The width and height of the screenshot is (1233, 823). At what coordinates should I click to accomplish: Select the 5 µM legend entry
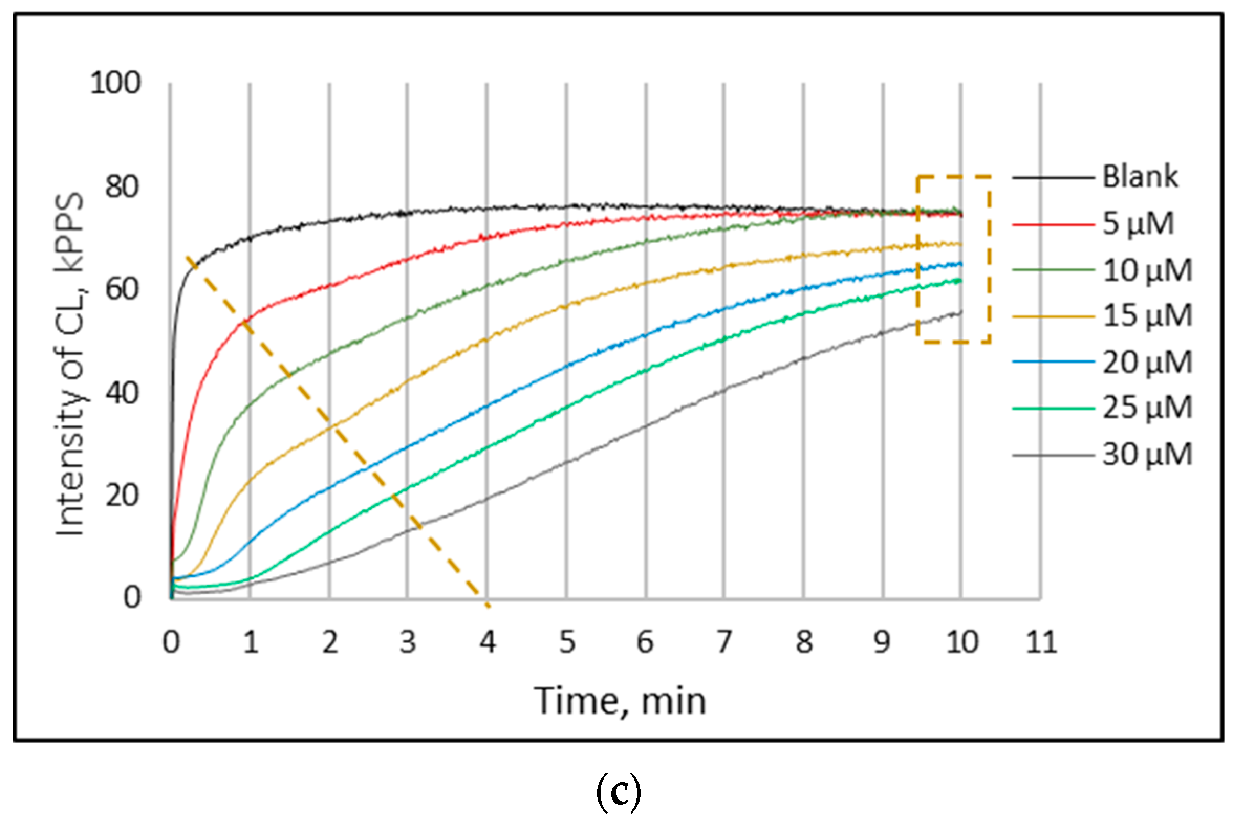(x=1138, y=224)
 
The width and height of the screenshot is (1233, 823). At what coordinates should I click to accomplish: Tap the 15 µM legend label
(x=1147, y=316)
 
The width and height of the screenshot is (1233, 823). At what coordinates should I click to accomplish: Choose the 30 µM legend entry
(x=1147, y=455)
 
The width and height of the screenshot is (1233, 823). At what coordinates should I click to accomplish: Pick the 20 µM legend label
(x=1147, y=362)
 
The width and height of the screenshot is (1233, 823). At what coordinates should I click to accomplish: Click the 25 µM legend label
(x=1147, y=408)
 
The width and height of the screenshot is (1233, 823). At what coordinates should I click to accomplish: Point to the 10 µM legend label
(x=1147, y=271)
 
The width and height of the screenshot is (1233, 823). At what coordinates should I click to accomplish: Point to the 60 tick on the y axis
(x=122, y=289)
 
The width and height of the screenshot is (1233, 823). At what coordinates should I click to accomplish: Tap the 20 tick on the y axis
(x=122, y=496)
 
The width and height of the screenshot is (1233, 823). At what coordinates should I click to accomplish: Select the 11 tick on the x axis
(x=1041, y=642)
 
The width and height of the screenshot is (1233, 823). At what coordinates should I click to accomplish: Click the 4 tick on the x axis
(x=488, y=642)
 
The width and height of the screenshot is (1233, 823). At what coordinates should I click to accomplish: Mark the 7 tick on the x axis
(x=724, y=642)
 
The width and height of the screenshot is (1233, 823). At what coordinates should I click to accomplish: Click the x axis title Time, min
(x=620, y=702)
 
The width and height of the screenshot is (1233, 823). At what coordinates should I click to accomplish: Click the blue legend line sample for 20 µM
(x=1052, y=361)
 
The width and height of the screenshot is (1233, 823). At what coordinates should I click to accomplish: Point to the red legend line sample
(x=1052, y=225)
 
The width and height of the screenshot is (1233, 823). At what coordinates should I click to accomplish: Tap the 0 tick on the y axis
(x=132, y=597)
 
